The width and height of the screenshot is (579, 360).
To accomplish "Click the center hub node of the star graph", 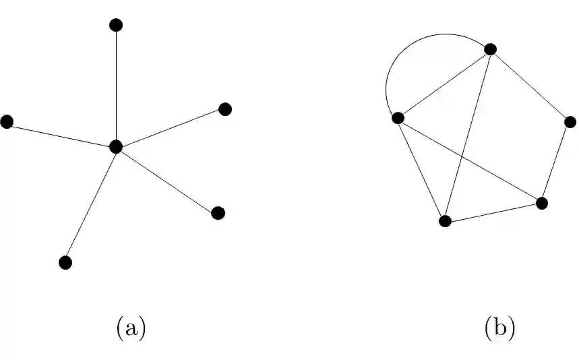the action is point(116,146).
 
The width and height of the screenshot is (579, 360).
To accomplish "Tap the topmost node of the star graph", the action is point(116,25).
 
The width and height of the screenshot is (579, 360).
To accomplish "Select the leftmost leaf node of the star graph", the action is point(7,121).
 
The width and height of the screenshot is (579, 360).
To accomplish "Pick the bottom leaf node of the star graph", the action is point(65,262).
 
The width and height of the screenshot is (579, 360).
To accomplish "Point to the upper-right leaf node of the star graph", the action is point(225,109).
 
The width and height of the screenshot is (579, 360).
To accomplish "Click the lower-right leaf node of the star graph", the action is point(218,213).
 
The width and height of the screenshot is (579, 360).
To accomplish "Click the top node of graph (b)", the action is point(491,49).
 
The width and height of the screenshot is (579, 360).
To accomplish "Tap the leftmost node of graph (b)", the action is point(398,118).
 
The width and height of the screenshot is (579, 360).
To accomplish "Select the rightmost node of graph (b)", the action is point(570,122).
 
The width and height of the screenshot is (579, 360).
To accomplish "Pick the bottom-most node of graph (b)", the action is point(445,221).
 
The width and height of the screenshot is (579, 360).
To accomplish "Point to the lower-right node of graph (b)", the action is point(541,202).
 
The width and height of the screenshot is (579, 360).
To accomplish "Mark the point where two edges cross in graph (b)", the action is point(462,155).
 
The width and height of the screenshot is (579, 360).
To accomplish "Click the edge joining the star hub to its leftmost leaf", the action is point(61,133).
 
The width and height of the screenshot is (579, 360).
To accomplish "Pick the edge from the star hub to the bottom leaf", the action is point(91,204).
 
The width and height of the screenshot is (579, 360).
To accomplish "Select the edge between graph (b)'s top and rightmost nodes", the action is point(530,85).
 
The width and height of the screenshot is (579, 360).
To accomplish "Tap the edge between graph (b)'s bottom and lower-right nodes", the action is point(493,212).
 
